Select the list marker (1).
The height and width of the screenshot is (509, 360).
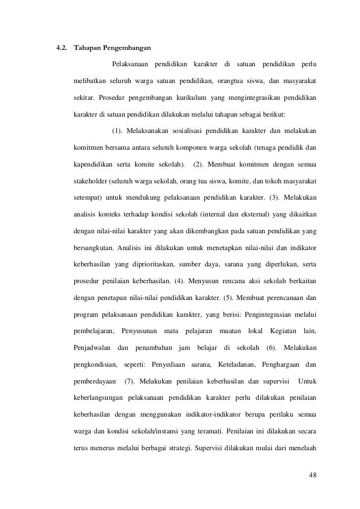point(117,131)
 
